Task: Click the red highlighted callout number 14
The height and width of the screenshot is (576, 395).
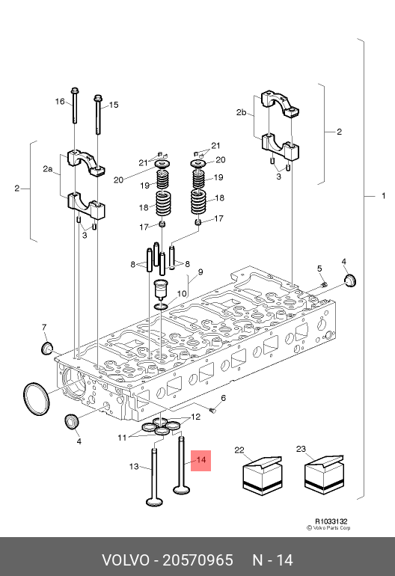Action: coord(201,460)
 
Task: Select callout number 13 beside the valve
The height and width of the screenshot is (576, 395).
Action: coord(134,467)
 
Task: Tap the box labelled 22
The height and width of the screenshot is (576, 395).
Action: coord(263,476)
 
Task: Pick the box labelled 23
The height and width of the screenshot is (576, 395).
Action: coord(325,474)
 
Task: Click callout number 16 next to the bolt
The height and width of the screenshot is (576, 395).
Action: coord(60,102)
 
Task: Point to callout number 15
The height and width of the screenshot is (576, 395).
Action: coord(114,105)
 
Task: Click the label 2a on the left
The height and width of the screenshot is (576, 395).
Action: coord(48,169)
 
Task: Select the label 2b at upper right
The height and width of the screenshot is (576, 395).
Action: coord(242,112)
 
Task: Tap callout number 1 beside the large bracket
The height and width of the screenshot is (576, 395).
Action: coord(384,196)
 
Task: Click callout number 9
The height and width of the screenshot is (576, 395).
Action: coord(200,272)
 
